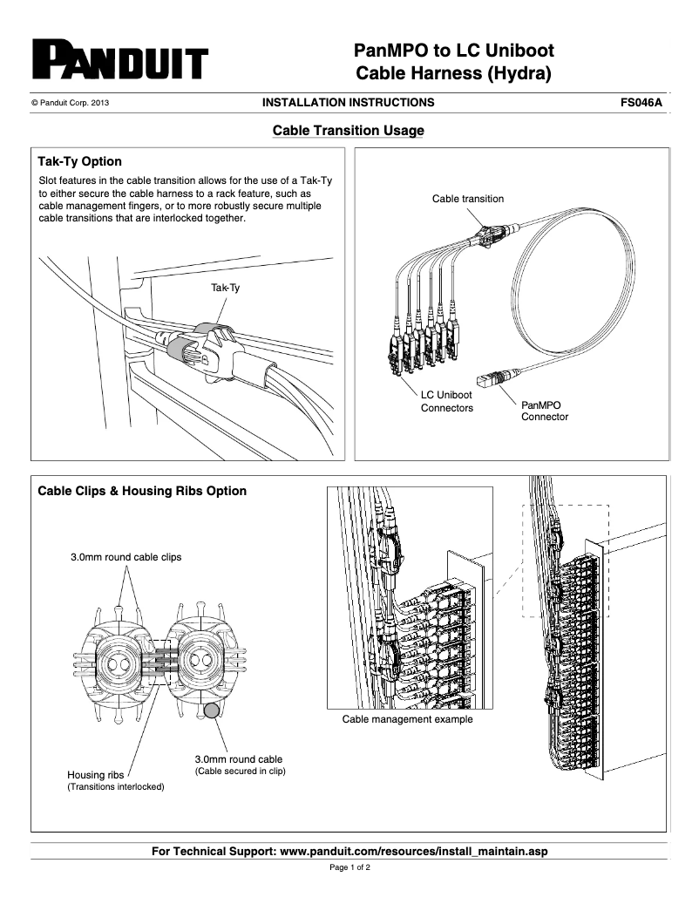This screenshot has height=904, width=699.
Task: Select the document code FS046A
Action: pos(641,103)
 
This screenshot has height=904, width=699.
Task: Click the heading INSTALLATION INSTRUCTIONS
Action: pos(348,103)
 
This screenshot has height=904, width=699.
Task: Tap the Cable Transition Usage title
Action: pos(349,131)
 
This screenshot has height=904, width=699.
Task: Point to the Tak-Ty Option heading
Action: pos(79,162)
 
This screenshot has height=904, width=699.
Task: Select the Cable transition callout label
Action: pos(467,199)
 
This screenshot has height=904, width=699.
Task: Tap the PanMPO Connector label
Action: pos(544,411)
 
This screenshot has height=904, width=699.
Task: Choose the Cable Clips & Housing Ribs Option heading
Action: pos(142,491)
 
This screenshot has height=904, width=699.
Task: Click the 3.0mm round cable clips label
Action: pos(126,557)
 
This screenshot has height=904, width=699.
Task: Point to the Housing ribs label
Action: pos(96,774)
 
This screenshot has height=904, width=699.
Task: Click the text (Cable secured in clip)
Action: pos(240,771)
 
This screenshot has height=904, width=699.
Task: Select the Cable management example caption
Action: pos(407,719)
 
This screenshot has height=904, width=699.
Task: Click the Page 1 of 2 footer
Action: pos(349,869)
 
